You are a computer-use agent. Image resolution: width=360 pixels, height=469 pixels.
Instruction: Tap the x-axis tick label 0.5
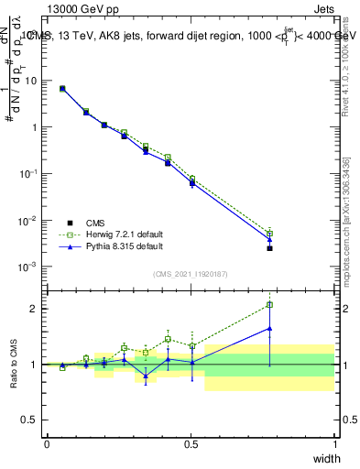point(191,444)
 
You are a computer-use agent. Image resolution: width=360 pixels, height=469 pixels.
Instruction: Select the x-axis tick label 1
point(334,444)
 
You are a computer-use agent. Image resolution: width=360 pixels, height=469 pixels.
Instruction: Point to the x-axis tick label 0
point(47,444)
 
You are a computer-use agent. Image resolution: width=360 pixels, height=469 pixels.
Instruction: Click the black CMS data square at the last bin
point(269,248)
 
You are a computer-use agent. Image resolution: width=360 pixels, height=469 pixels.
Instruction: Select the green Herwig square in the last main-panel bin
point(269,234)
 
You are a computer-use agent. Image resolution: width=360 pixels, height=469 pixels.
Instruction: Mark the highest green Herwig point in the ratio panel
point(269,305)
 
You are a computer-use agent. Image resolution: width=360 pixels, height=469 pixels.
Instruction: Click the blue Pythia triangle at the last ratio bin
point(269,328)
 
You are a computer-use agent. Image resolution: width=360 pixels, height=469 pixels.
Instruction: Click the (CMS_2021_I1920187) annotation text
point(191,273)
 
